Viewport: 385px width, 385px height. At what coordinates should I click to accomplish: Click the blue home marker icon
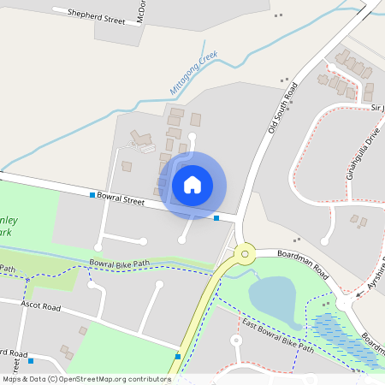point(192,184)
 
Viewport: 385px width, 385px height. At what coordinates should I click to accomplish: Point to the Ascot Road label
point(41,305)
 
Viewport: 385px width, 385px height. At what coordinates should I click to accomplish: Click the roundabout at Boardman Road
point(246,252)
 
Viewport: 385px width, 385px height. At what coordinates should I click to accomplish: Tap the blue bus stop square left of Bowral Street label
point(92,196)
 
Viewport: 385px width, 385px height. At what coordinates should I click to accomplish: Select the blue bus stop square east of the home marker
point(216,218)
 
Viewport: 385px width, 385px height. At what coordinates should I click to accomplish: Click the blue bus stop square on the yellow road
point(178,356)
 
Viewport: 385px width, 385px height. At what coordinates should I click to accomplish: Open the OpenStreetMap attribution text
point(86,378)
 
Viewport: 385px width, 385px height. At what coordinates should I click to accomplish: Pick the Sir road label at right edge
point(377,109)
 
